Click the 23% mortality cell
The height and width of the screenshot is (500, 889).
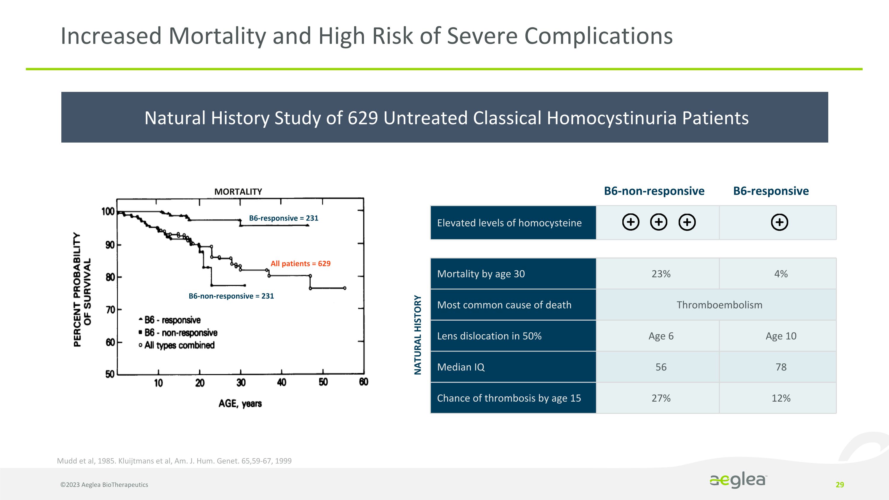click(x=661, y=274)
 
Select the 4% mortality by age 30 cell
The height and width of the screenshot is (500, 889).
click(x=781, y=274)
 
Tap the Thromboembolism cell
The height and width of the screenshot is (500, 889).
click(x=719, y=305)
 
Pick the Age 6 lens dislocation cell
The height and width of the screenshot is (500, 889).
click(x=661, y=336)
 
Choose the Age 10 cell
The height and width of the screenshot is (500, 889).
click(x=781, y=336)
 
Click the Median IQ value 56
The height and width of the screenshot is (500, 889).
click(x=661, y=367)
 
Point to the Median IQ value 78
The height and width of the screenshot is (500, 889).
click(x=781, y=367)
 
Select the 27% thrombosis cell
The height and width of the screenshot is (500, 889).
click(x=661, y=398)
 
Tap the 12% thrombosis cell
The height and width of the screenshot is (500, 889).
click(x=781, y=398)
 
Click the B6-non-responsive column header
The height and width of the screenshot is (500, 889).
click(x=654, y=191)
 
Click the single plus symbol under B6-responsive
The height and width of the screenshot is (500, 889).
click(x=779, y=222)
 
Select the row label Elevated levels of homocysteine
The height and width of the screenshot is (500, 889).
click(x=509, y=223)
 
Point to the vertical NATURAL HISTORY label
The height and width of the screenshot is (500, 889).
click(x=418, y=335)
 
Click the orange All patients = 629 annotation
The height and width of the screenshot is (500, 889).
click(x=300, y=263)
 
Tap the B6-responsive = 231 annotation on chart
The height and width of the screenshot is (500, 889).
click(x=283, y=218)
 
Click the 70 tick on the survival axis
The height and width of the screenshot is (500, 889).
click(x=111, y=309)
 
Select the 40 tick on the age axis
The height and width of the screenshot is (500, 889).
click(x=281, y=382)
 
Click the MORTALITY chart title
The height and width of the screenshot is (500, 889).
click(x=238, y=191)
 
